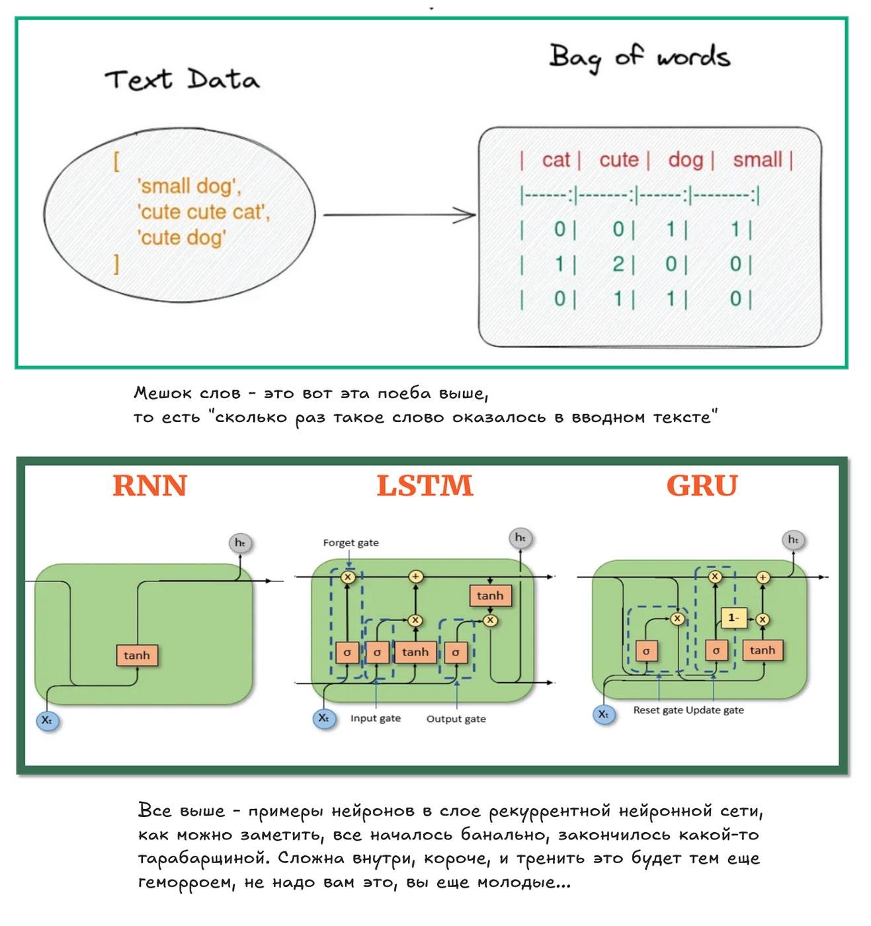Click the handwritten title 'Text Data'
pos(182,80)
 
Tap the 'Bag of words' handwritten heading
pos(639,57)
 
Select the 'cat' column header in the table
pos(556,160)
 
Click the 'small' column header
pos(757,160)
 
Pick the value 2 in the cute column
pos(618,265)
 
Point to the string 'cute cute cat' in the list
pos(203,212)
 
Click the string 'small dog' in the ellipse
pos(188,187)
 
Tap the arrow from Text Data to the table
pos(398,214)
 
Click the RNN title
pos(150,486)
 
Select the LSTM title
pos(425,486)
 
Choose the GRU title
pos(702,486)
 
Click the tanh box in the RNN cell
pos(137,655)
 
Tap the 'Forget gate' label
pos(351,543)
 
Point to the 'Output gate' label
pos(456,719)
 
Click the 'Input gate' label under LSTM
pos(375,718)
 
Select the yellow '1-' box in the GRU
pos(733,618)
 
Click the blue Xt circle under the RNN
pos(47,720)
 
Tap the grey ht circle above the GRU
pos(793,540)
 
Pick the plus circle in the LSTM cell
pos(415,577)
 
